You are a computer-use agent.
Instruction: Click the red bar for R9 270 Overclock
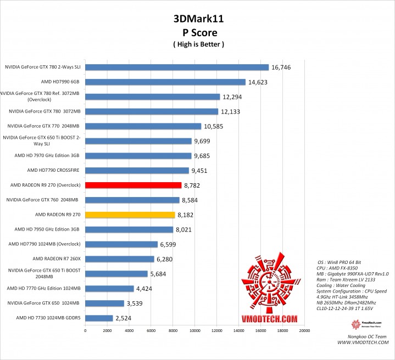tap(133, 185)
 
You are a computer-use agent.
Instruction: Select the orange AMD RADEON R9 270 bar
tap(130, 215)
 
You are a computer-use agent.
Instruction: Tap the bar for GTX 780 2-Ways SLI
tap(177, 67)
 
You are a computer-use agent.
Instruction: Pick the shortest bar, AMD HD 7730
tap(99, 318)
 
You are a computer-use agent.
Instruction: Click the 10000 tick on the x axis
tap(194, 331)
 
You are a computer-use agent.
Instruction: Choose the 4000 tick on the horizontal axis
tap(129, 331)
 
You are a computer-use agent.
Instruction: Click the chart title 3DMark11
tap(198, 19)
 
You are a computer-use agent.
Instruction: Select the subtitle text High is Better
tap(198, 44)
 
